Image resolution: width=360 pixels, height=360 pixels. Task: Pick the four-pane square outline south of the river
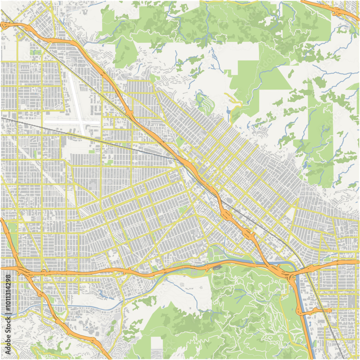click(x=182, y=285)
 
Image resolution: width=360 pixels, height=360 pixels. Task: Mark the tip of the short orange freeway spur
click(x=329, y=310)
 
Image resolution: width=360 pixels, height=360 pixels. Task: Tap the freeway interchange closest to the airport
click(x=130, y=114)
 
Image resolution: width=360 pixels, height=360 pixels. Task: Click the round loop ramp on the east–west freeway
click(x=44, y=271)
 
